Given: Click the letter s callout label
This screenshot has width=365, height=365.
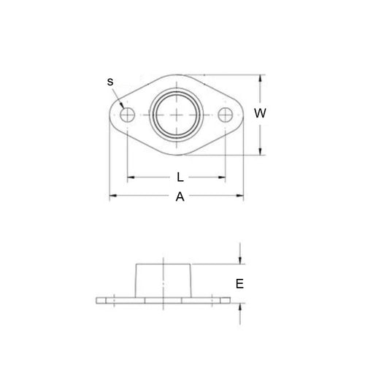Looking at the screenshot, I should tap(109, 82).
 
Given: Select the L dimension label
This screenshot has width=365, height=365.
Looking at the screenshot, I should tap(180, 177).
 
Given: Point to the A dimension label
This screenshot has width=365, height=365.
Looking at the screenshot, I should tap(180, 196).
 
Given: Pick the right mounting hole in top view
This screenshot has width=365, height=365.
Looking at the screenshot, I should tap(226, 115).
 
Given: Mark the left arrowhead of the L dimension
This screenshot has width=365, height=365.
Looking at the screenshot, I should tap(131, 177).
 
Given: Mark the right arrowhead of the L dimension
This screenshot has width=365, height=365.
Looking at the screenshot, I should tap(222, 177).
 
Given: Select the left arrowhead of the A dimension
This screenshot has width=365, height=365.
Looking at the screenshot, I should tap(113, 196).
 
